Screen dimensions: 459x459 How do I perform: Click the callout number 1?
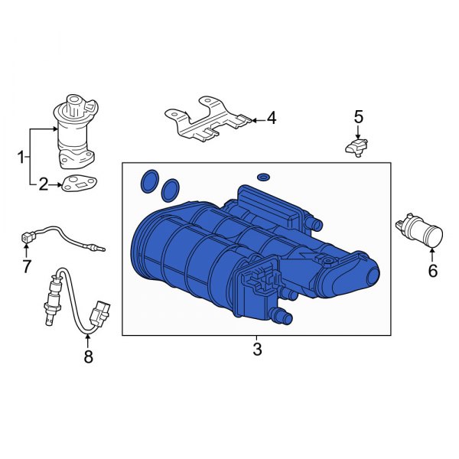pos(21,158)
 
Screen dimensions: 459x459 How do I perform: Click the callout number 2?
pos(44,184)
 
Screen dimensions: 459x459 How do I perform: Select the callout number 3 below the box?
pos(257,350)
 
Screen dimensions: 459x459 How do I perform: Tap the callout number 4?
pos(272,119)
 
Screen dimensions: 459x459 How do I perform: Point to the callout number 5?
pos(358,117)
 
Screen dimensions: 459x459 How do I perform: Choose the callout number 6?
pos(432,270)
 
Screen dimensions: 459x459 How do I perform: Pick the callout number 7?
pos(26,266)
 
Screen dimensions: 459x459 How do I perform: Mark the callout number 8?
pos(88,356)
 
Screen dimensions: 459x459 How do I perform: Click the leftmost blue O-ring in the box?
pos(149,181)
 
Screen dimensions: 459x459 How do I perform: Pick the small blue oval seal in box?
pos(264,177)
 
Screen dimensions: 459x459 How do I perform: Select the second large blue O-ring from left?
pos(171,186)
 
